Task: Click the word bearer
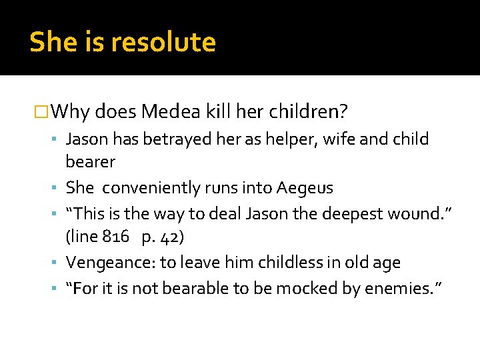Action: pos(91,161)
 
